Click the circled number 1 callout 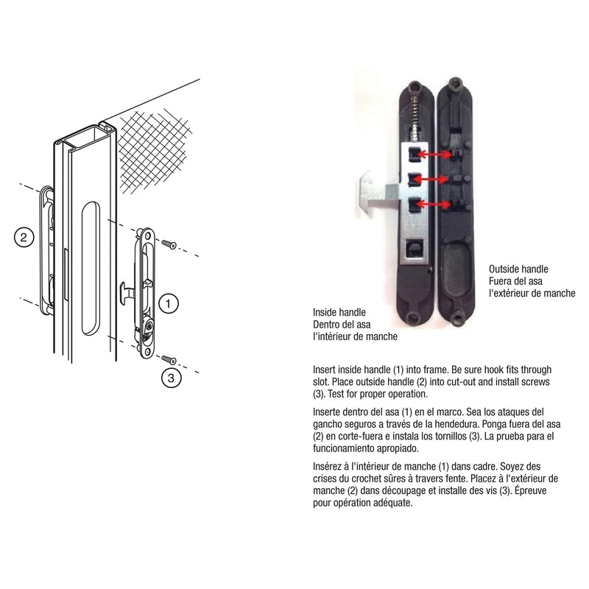[169, 303]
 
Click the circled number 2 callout [23, 237]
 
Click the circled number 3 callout [170, 378]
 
